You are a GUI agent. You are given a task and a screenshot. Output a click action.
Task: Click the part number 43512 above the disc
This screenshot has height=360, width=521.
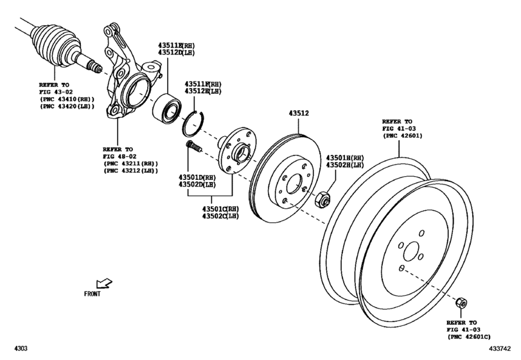(x=297, y=114)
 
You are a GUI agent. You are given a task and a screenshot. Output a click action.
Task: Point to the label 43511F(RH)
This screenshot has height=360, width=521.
(x=203, y=84)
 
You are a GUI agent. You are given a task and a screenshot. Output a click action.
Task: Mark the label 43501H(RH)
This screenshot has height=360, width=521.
(x=344, y=157)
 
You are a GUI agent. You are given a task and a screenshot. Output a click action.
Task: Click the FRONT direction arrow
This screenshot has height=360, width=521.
(x=103, y=283)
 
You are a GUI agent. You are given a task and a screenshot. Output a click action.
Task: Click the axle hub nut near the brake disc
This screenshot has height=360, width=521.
(x=324, y=198)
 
